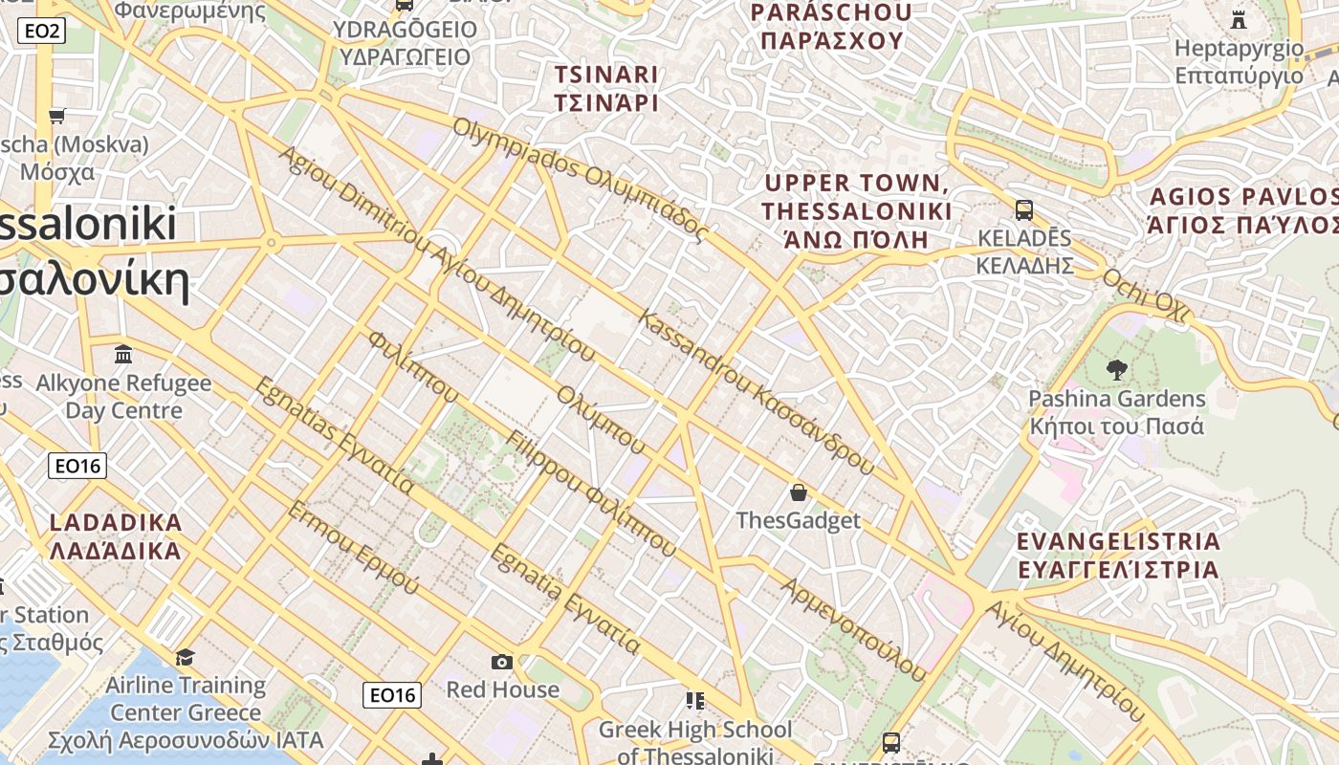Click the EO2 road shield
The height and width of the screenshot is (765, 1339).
(42, 32)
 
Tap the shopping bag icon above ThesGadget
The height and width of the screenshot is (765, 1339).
(799, 492)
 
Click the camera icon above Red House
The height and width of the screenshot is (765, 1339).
(502, 662)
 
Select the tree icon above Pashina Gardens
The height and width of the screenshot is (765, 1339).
(1116, 370)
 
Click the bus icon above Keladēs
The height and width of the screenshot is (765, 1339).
(1024, 209)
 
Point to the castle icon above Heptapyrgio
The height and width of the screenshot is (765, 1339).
(1239, 19)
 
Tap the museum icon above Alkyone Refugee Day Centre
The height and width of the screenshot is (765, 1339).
(123, 355)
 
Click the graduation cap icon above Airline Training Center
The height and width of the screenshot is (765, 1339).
(185, 657)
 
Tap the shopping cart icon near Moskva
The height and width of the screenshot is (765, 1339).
(56, 116)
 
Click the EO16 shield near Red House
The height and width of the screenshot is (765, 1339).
(392, 695)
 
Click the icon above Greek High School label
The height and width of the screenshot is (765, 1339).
(695, 701)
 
